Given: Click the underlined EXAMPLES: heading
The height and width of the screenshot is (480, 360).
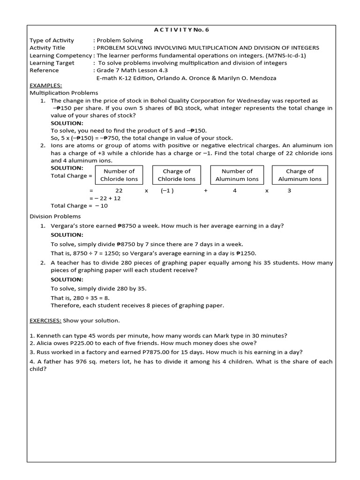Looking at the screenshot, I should pyautogui.click(x=45, y=86).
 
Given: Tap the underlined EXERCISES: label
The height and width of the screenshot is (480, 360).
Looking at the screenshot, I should pyautogui.click(x=45, y=321).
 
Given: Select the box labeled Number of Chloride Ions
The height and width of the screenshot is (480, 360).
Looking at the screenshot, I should pyautogui.click(x=119, y=175).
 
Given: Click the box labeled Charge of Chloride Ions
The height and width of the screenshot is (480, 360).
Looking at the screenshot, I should pyautogui.click(x=177, y=175).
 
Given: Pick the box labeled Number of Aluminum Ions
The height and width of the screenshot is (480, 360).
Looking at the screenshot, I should pyautogui.click(x=237, y=175).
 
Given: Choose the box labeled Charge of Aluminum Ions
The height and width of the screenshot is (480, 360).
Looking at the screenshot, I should pyautogui.click(x=300, y=175).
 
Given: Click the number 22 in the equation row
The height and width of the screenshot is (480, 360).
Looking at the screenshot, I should pyautogui.click(x=119, y=191).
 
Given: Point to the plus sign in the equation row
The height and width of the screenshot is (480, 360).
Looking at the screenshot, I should pyautogui.click(x=206, y=191).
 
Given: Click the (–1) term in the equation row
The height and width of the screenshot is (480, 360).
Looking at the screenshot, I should pyautogui.click(x=167, y=191).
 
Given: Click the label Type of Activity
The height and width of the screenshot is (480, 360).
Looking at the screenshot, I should pyautogui.click(x=52, y=40).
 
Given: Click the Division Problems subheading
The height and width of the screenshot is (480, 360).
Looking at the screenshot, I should pyautogui.click(x=55, y=217).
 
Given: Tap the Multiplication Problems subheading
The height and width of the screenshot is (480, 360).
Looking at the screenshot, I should pyautogui.click(x=64, y=93).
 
